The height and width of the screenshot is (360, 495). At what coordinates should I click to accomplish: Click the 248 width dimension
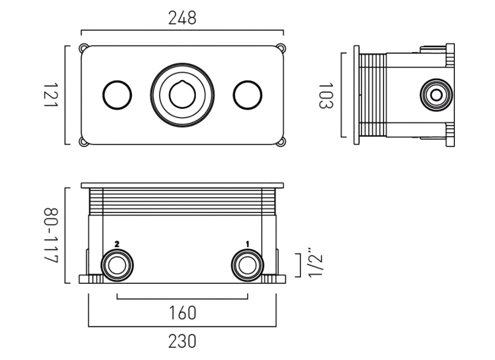182,18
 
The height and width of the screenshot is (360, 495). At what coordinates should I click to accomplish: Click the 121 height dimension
51,95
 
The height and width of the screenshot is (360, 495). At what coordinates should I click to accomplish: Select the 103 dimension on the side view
325,95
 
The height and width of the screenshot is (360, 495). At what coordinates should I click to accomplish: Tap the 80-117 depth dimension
51,235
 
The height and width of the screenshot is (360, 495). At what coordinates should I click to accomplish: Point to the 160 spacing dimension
182,312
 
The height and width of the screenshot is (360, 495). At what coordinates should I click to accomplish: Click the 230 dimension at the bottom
182,342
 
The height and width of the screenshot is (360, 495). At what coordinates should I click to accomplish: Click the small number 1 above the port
247,244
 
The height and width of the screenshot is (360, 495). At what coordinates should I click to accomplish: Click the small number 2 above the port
117,244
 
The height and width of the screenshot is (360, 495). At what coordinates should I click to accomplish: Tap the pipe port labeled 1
247,265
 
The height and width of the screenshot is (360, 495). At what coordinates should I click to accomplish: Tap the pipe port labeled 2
117,265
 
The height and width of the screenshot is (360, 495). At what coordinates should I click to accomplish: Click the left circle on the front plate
117,95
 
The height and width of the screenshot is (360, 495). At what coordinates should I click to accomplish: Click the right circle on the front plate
247,95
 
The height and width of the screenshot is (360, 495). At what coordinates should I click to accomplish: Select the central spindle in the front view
182,95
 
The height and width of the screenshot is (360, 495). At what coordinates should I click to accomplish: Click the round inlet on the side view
436,95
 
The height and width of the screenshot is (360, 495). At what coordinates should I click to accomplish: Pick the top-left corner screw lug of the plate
83,47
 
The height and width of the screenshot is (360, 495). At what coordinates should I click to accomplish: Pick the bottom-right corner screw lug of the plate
281,142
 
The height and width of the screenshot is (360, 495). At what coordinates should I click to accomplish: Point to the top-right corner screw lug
281,47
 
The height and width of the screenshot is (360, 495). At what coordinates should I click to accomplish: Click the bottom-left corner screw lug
83,142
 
